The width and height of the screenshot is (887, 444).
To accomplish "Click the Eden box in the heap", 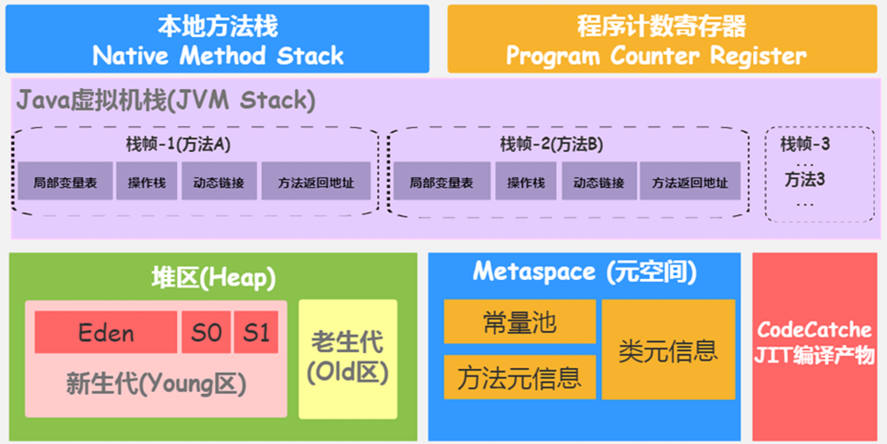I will [x=106, y=332].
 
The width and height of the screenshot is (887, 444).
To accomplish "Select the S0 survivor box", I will [x=206, y=332].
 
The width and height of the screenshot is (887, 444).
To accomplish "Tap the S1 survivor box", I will [x=256, y=332].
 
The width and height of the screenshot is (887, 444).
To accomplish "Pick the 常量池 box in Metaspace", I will [x=520, y=322].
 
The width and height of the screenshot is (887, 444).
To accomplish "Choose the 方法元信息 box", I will [x=520, y=377].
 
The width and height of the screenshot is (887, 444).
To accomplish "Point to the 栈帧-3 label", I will [x=805, y=144].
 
